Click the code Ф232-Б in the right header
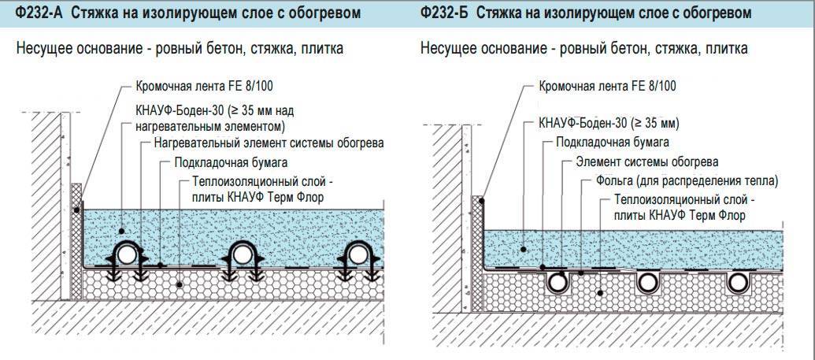(x=443, y=13)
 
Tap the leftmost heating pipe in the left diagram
(x=126, y=255)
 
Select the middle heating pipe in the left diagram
(x=241, y=255)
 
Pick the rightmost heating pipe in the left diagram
(x=357, y=255)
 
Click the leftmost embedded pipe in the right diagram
(x=558, y=283)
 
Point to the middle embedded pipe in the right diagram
(x=647, y=283)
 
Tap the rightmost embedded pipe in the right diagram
(x=736, y=283)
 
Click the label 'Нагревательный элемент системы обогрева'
(x=269, y=143)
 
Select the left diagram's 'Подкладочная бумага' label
(x=231, y=162)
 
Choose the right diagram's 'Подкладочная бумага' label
(x=613, y=142)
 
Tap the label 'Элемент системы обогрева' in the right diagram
(x=647, y=161)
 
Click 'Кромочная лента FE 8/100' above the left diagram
(x=204, y=86)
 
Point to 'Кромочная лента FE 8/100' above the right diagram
(x=608, y=86)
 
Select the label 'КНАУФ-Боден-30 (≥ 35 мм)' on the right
(x=609, y=124)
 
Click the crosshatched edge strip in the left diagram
(x=76, y=241)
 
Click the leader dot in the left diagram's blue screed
(x=121, y=231)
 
